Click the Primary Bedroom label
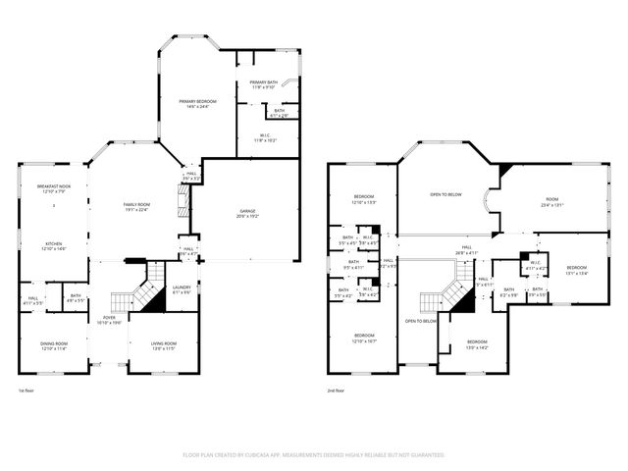click(x=196, y=103)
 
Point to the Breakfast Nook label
click(x=53, y=188)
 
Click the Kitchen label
click(x=52, y=247)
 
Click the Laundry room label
click(x=182, y=289)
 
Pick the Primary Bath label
click(x=264, y=84)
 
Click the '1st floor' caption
click(x=26, y=391)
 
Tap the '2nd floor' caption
click(x=338, y=391)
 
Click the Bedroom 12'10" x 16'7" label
click(x=363, y=339)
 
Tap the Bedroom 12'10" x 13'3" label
click(x=363, y=199)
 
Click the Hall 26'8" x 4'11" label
click(x=467, y=251)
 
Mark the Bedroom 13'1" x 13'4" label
click(x=576, y=270)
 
